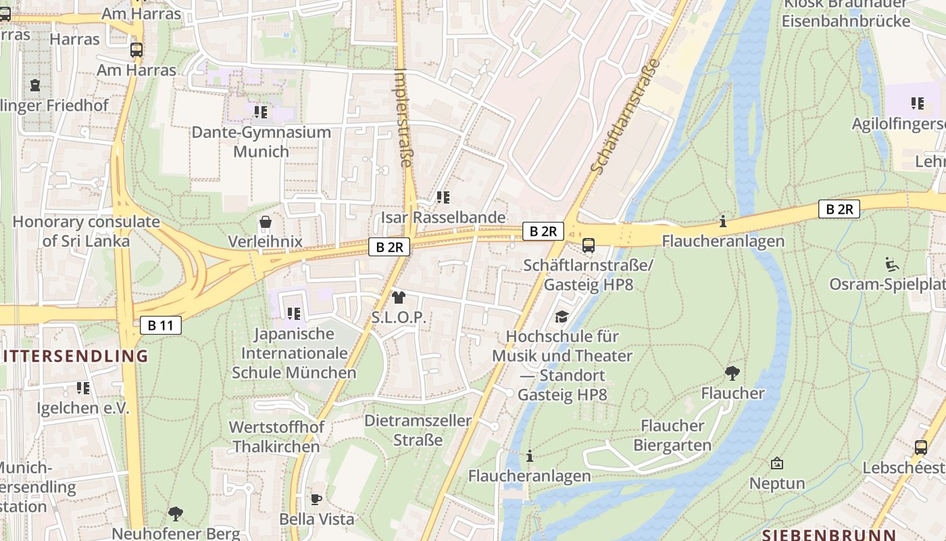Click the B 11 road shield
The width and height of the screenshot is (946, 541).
[x=161, y=325]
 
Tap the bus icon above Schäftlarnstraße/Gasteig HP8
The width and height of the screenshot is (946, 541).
[x=589, y=245]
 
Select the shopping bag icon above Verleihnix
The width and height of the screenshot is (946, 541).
[x=265, y=222]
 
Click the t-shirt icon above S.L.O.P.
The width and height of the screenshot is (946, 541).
[x=399, y=298]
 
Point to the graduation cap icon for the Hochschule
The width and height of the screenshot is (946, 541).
[x=562, y=316]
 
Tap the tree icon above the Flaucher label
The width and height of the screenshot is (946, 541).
[x=732, y=373]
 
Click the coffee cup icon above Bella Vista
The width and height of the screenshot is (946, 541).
[x=316, y=500]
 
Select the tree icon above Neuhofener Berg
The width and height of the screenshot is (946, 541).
[x=176, y=514]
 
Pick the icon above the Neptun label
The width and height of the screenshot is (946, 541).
[x=777, y=464]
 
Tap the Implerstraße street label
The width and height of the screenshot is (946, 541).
[x=403, y=118]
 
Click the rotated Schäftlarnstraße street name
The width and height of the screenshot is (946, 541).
[x=625, y=115]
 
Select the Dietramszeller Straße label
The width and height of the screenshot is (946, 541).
[x=418, y=430]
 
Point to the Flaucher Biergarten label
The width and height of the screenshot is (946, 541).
[x=672, y=436]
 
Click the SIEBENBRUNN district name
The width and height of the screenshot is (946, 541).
[x=828, y=534]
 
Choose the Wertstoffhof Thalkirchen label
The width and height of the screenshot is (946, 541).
[x=276, y=437]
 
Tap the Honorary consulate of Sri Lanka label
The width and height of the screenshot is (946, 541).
[x=86, y=231]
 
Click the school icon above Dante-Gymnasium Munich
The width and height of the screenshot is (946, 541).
[x=261, y=112]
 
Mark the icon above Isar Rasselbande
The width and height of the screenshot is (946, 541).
[x=443, y=197]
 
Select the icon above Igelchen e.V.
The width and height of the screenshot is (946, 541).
[x=83, y=388]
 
